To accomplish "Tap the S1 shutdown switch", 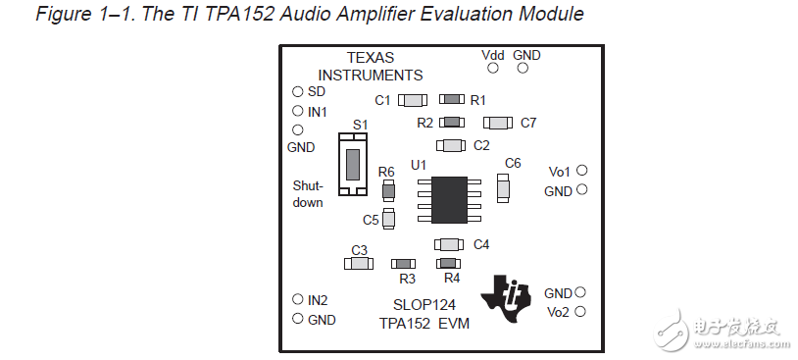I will [353, 164].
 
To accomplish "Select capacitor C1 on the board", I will [413, 100].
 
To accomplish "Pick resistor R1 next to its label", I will [452, 100].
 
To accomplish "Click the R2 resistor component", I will [451, 123].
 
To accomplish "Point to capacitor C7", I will [499, 123].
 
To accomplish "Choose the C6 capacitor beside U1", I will [503, 186].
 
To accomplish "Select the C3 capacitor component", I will [358, 263].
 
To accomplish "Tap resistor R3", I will [403, 263].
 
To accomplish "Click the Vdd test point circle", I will [492, 69].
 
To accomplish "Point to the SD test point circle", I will [297, 91].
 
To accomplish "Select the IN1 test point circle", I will [297, 111].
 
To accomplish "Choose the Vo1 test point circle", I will [581, 171].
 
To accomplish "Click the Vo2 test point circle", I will [580, 311].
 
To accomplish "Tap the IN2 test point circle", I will [297, 299].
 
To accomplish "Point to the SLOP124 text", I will [424, 305].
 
